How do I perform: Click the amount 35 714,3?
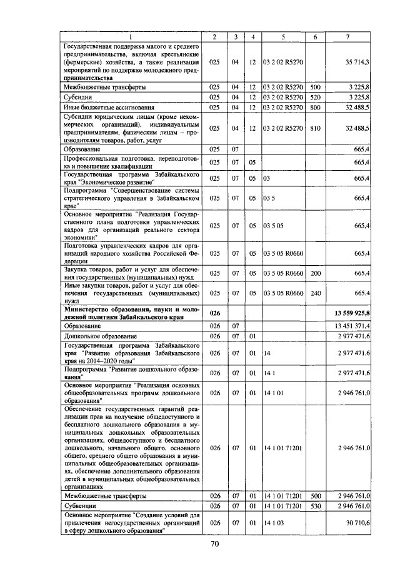point(357,63)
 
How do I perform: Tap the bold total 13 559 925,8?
point(352,313)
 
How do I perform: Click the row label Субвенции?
point(79,505)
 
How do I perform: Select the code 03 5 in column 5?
point(269,198)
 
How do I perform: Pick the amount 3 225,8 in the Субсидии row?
point(359,98)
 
